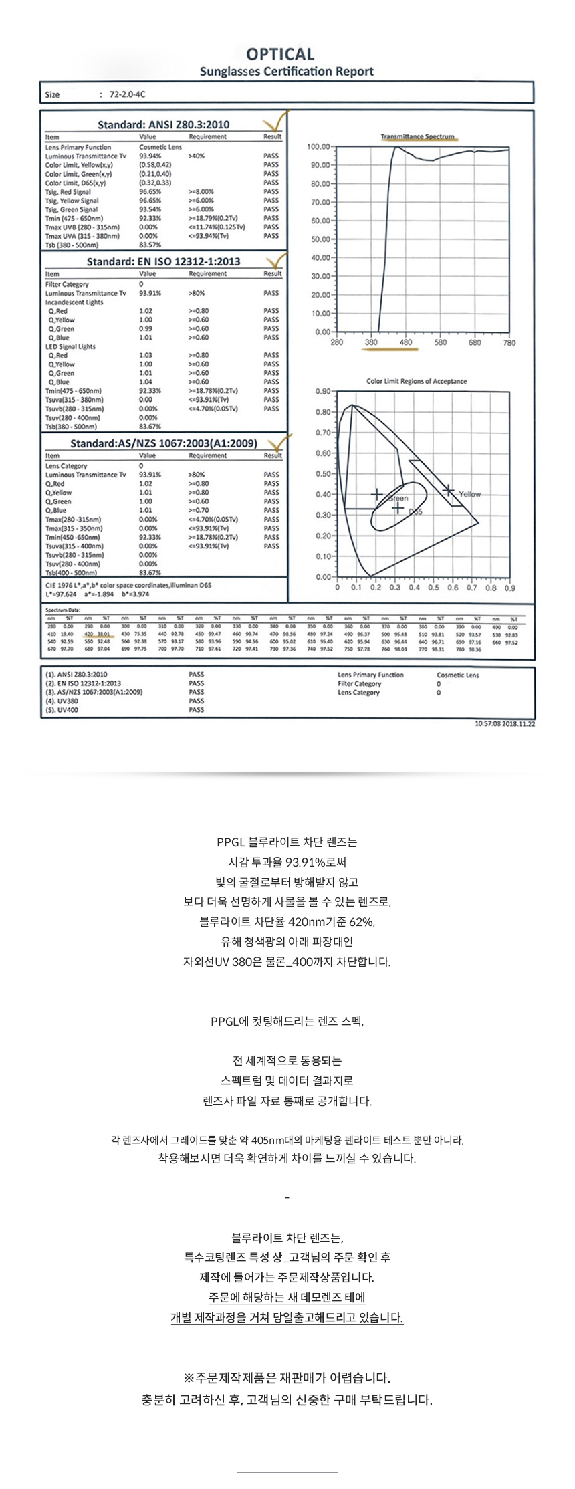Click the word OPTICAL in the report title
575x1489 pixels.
coord(280,54)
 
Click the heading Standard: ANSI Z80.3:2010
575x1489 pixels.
coord(163,124)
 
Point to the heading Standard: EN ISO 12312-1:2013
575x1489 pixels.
coord(163,261)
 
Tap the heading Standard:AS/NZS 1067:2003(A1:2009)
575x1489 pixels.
coord(163,443)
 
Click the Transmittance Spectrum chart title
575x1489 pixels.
coord(417,137)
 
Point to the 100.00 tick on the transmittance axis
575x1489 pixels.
coord(318,147)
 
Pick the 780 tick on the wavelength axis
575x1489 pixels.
coord(509,342)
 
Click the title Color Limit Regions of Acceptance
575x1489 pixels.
coord(417,381)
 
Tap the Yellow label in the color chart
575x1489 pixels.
coord(469,495)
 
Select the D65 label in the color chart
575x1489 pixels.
coord(415,512)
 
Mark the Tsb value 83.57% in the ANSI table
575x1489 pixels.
coord(150,245)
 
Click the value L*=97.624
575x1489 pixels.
coord(61,594)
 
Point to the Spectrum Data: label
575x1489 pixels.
coord(63,610)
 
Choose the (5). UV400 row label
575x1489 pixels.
coord(62,710)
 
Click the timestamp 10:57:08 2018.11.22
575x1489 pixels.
coord(505,723)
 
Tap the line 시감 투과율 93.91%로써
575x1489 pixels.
coord(287,862)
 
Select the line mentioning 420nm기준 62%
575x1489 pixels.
coord(287,922)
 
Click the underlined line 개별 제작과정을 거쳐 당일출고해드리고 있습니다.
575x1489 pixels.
coord(287,1318)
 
